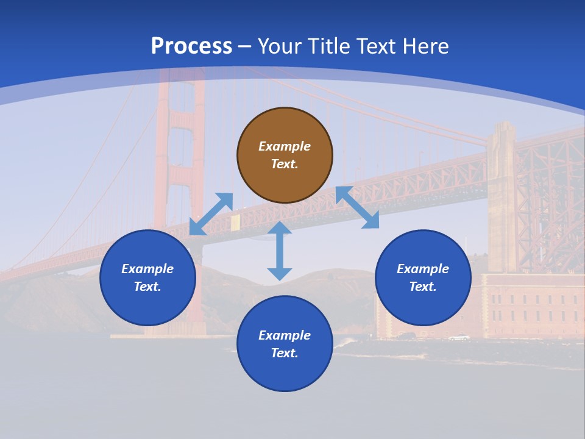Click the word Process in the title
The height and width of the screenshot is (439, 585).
(191, 46)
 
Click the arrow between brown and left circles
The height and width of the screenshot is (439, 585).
(211, 214)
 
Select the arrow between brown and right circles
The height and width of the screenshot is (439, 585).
(357, 207)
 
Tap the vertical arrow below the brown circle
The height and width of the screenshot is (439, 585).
(280, 251)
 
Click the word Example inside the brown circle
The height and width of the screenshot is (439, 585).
(285, 146)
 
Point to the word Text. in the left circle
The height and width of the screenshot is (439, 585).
(147, 287)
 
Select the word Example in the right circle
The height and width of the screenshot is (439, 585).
(423, 269)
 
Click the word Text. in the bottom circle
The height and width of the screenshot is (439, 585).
(285, 353)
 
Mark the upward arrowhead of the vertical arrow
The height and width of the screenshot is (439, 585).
(280, 228)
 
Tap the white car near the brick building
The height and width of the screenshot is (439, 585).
(459, 337)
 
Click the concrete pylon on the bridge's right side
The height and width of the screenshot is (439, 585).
(502, 195)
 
